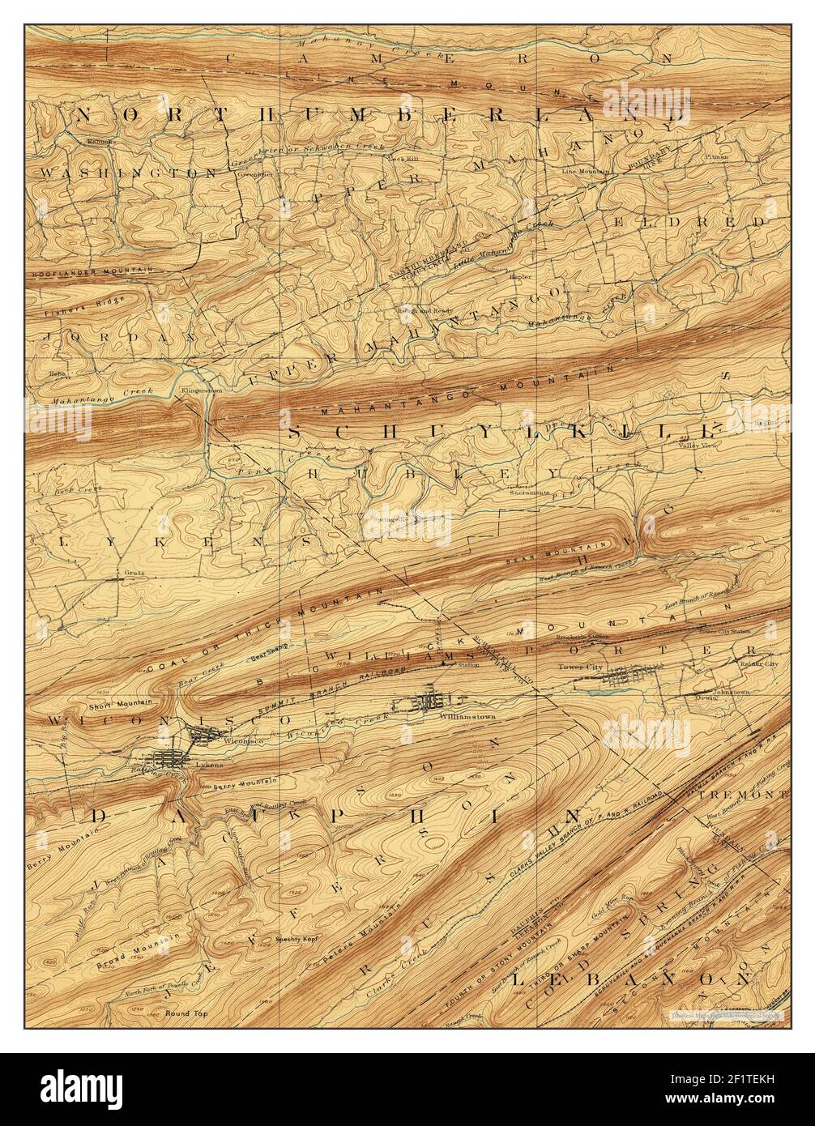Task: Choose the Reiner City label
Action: (758, 663)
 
